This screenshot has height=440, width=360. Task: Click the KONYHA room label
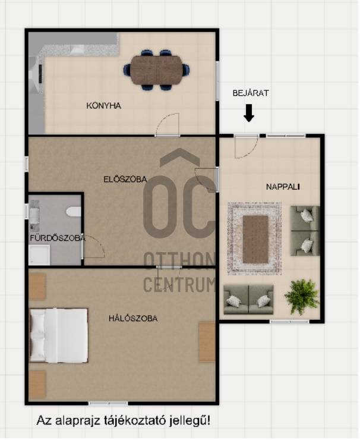click(104, 106)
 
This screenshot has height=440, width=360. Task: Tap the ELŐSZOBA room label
click(125, 180)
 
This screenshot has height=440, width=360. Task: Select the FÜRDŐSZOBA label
click(58, 238)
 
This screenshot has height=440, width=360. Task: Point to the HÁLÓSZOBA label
click(133, 318)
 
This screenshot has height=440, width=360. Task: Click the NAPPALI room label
click(283, 187)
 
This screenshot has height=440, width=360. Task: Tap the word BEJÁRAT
click(251, 93)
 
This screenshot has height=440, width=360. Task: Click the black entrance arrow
click(249, 113)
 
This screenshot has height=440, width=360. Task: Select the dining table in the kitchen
click(156, 70)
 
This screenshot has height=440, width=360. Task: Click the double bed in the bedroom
click(59, 335)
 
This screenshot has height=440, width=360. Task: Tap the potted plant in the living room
click(302, 296)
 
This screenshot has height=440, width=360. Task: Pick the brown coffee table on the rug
click(255, 239)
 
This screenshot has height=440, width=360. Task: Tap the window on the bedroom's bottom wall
click(108, 403)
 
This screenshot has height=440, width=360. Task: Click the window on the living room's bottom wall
click(290, 322)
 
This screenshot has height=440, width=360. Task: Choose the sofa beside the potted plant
click(248, 299)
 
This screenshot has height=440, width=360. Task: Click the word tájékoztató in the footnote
click(134, 420)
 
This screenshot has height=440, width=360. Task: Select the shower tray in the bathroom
click(39, 255)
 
